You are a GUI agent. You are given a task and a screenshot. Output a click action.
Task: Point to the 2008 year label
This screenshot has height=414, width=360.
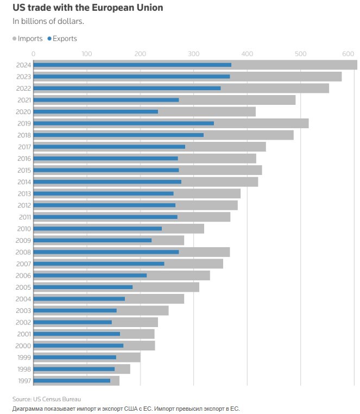24,252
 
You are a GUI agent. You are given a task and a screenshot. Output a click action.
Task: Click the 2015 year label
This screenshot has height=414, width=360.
24,170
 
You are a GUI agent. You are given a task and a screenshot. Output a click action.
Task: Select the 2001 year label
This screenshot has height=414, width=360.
24,334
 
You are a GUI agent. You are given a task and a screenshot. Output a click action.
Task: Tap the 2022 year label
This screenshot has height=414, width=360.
24,88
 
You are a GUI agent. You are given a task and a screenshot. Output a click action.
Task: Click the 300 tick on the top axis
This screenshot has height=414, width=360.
193,54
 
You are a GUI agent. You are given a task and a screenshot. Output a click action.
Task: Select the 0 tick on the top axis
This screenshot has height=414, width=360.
34,54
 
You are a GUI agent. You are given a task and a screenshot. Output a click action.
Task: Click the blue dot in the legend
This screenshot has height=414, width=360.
49,39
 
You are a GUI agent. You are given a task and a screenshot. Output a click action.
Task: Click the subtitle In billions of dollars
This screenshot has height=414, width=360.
48,22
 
